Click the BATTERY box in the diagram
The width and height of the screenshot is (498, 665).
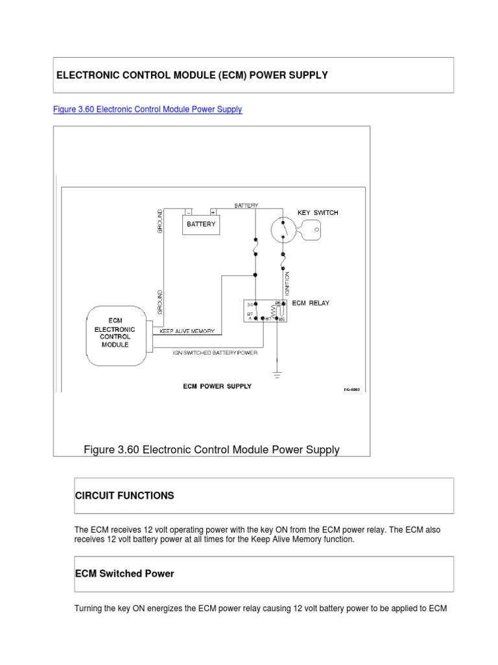(201, 224)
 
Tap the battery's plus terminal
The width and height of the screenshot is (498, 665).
(213, 212)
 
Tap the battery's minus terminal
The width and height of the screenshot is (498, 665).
(189, 212)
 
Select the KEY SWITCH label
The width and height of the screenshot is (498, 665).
(317, 212)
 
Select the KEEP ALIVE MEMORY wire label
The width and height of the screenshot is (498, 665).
(188, 331)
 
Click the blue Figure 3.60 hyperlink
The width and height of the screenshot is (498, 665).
(147, 109)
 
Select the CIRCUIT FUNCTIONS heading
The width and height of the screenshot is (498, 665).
(124, 496)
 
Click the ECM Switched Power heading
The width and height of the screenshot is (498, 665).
(124, 573)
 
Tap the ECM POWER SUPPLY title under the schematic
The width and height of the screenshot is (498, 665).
(217, 386)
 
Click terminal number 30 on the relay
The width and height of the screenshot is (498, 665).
(250, 305)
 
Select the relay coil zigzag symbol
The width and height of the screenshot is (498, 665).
(274, 313)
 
